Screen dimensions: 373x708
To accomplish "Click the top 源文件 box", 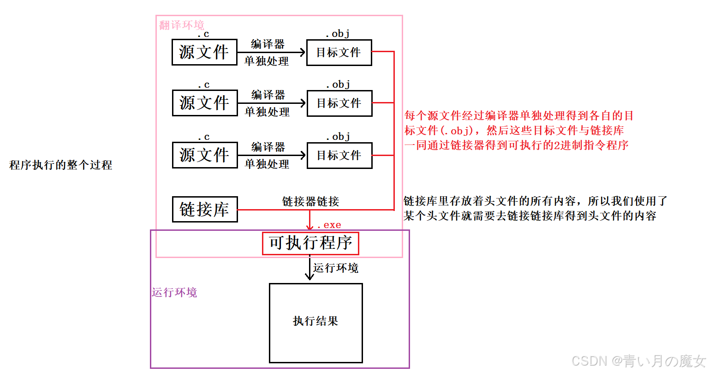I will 204,52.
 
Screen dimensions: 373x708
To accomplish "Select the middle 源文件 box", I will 205,103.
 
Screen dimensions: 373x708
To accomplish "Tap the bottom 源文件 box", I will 205,155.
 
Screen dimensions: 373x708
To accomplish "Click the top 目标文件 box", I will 339,53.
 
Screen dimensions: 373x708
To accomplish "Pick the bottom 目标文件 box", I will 339,156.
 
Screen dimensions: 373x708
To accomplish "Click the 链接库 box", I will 205,210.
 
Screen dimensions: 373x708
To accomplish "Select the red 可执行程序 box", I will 310,243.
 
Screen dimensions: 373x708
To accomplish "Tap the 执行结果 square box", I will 316,323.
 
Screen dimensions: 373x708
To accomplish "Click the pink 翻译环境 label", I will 182,25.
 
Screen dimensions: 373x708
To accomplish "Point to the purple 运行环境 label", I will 174,292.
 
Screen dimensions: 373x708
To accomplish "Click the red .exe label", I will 329,225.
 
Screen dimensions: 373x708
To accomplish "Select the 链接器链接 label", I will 310,201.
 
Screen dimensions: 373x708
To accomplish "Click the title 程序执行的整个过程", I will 60,165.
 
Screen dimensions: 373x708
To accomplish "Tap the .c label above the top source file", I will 203,34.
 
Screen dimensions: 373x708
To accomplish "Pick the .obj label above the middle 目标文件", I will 339,84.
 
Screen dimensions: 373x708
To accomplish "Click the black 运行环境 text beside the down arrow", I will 336,268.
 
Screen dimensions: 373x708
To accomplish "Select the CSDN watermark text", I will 638,361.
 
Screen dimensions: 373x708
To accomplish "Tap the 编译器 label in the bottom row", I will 268,147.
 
